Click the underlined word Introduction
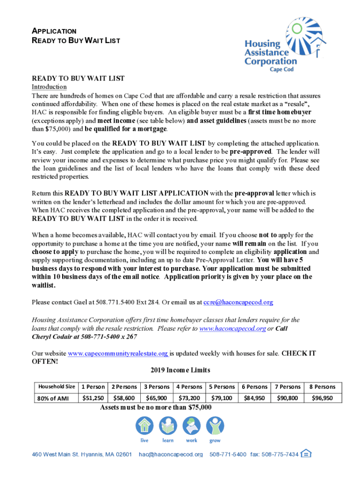pyautogui.click(x=49, y=87)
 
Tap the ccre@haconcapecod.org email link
pyautogui.click(x=238, y=302)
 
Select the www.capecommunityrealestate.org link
pyautogui.click(x=118, y=354)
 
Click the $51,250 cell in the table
pyautogui.click(x=93, y=398)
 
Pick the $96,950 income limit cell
pyautogui.click(x=323, y=398)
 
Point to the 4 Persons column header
pyautogui.click(x=189, y=387)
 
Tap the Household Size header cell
pyautogui.click(x=57, y=387)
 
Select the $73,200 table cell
pyautogui.click(x=189, y=398)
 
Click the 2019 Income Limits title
pyautogui.click(x=180, y=370)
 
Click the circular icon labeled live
pyautogui.click(x=144, y=426)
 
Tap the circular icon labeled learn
pyautogui.click(x=168, y=426)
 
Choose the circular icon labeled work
pyautogui.click(x=191, y=426)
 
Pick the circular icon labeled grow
pyautogui.click(x=215, y=426)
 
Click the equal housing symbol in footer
pyautogui.click(x=306, y=454)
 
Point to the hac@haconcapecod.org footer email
pyautogui.click(x=171, y=455)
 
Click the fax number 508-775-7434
pyautogui.click(x=282, y=455)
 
